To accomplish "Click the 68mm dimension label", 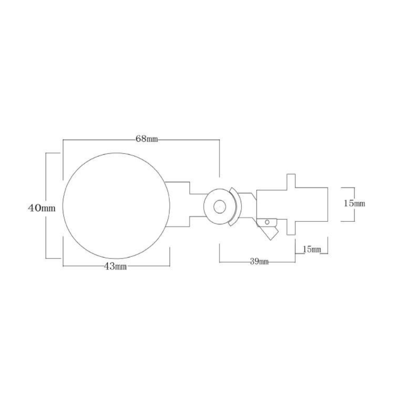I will [x=147, y=139].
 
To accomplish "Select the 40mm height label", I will [x=42, y=208].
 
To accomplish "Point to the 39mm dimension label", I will [x=258, y=262].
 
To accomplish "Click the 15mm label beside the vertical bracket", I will [x=354, y=203].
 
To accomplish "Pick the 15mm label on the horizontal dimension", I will [x=312, y=250].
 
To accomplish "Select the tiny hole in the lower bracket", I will [x=267, y=222].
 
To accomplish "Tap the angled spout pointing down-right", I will [x=271, y=232].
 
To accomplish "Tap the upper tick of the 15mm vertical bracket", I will [x=348, y=187].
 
